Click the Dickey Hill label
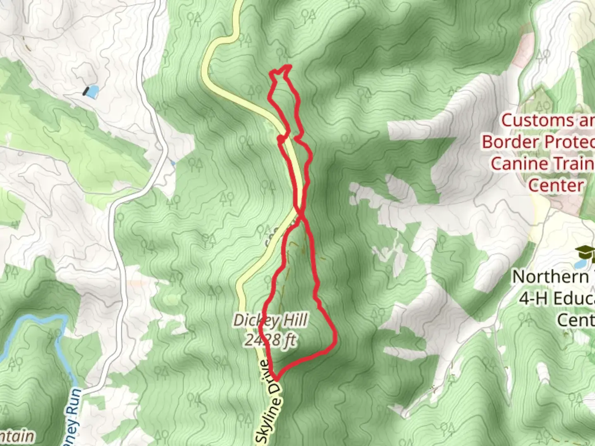(270, 320)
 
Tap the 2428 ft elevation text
(270, 340)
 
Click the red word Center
(555, 185)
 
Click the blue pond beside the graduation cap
(580, 263)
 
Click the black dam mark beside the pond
(86, 91)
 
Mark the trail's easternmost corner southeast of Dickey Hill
(335, 341)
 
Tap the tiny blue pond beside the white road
(173, 164)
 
